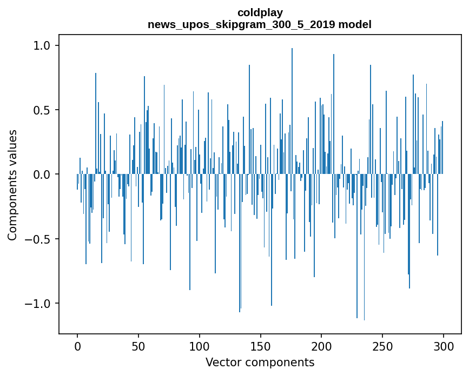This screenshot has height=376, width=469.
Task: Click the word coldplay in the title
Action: pos(260,12)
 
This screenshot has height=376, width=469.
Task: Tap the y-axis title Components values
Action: pos(12,185)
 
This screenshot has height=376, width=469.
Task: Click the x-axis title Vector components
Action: pos(260,362)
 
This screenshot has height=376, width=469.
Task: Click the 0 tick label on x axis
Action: pos(77,345)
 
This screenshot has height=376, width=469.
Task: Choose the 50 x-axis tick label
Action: pos(138,345)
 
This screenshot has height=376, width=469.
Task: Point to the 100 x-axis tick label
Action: pos(200,345)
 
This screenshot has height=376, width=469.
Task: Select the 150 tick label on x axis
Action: pos(261,345)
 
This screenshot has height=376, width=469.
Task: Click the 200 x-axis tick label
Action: pos(322,345)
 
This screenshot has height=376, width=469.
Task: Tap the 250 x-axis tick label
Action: pos(383,345)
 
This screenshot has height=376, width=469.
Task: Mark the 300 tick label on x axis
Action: pos(444,345)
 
